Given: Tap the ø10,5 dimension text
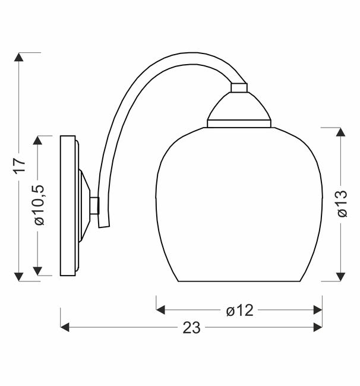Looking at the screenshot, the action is coord(39,204).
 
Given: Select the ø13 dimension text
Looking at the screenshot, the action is coord(342,204).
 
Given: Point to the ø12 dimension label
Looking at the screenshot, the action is coord(239,310).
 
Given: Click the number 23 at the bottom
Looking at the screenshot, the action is coord(191,328).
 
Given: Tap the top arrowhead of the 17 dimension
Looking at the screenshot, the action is coord(19,57).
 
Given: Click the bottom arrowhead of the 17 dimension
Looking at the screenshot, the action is coord(19,277).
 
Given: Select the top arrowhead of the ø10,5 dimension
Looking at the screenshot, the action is coord(37,140).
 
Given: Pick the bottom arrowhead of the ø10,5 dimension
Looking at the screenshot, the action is coord(37,271).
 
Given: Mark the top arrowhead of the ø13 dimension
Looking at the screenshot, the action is coord(340,132).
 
